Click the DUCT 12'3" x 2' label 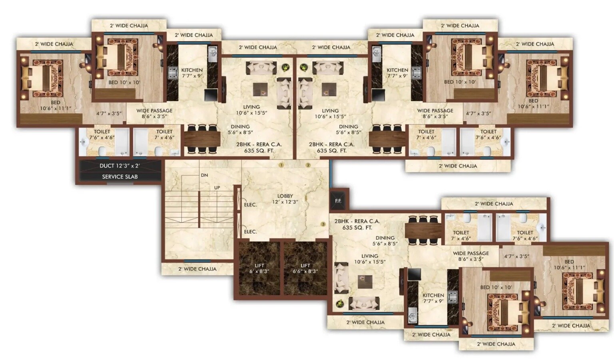coord(120,166)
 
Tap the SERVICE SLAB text coord(120,176)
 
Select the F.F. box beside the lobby coord(338,201)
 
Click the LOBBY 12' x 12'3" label coord(285,199)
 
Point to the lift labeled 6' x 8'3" coord(259,268)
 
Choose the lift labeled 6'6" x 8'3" coord(305,268)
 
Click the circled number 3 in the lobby coord(323,224)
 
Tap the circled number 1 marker coord(281,165)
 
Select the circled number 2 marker coord(308,165)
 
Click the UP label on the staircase coord(217,188)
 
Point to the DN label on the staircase coord(204,175)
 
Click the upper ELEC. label coord(250,205)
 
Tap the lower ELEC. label coord(250,232)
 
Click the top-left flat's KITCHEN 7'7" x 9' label coord(192,73)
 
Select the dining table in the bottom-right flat coord(423,231)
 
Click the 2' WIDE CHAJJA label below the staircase coord(197,269)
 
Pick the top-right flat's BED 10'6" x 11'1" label coord(533,104)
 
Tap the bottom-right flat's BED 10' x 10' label coord(496,287)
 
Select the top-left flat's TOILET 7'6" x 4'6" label coord(102,134)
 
